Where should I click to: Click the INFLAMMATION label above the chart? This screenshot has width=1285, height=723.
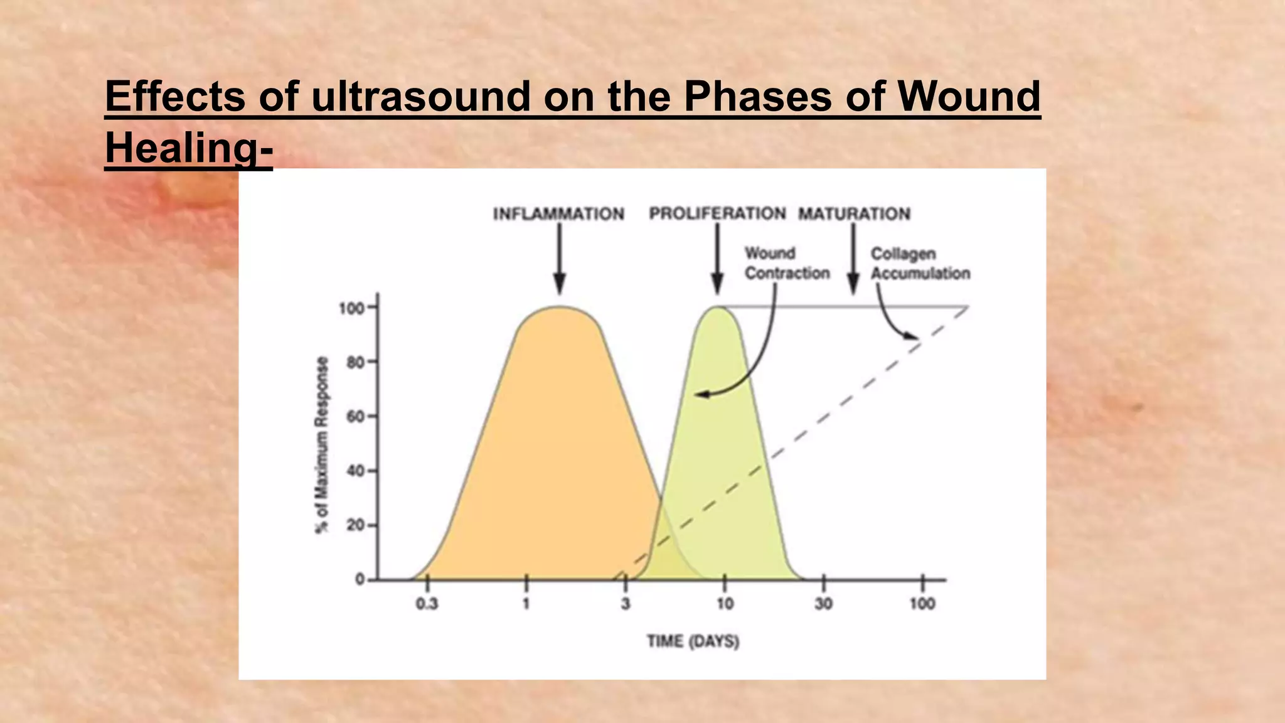point(558,214)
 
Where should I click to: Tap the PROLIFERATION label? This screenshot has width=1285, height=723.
point(717,213)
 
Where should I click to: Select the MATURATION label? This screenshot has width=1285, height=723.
point(854,214)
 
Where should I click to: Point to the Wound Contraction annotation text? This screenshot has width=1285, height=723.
point(787,264)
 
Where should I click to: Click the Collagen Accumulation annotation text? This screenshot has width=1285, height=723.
point(920,264)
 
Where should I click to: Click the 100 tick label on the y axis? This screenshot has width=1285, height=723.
point(351,308)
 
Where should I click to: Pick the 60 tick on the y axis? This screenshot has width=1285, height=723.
point(355,417)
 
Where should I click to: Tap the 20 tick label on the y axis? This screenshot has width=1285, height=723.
point(355,525)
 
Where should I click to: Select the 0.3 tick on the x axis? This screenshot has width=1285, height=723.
point(427,604)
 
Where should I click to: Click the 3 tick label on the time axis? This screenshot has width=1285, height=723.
point(626,604)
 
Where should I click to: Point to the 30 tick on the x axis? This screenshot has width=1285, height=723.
point(823,604)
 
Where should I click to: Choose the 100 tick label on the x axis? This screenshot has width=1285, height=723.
point(922,604)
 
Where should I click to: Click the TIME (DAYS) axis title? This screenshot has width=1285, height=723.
point(693,641)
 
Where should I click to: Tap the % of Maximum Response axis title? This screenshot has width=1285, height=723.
point(322,445)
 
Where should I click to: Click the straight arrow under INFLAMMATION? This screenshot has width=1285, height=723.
point(560,257)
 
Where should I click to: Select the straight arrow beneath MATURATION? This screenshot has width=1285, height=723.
point(853,257)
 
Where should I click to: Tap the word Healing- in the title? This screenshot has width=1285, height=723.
point(189,148)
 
